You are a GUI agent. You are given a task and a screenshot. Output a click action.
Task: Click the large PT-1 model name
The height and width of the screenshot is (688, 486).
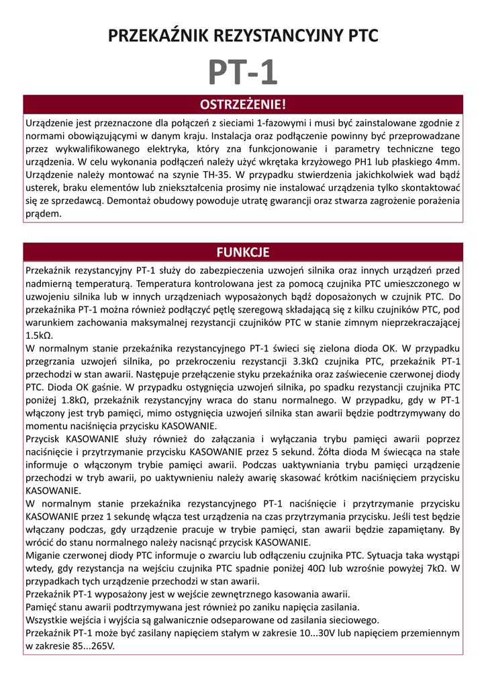click(x=242, y=73)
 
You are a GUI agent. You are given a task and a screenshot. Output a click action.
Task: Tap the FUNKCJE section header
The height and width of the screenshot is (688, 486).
click(x=243, y=252)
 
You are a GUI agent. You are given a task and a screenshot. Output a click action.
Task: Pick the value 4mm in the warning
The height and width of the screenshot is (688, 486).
click(x=447, y=163)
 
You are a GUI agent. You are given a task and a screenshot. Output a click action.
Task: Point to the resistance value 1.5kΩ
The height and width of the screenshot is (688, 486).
click(x=39, y=335)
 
